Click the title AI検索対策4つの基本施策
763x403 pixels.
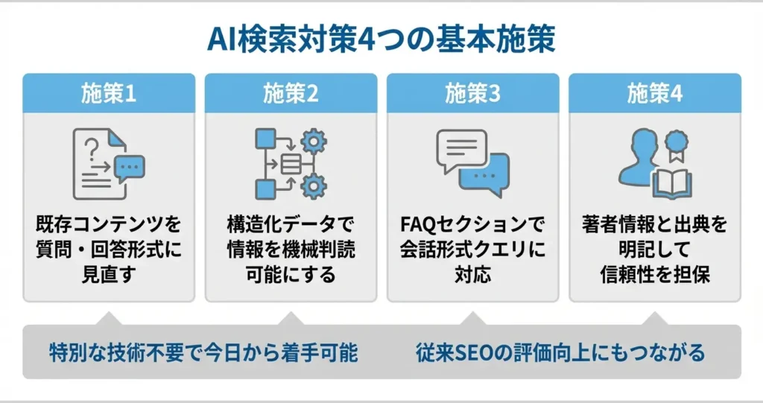[381, 39]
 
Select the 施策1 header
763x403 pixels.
[109, 93]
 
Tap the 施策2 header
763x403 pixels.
[291, 93]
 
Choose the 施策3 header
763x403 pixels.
[472, 93]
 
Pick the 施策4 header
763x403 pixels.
[654, 93]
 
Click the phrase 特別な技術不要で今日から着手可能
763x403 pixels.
[203, 352]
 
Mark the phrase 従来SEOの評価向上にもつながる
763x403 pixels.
[560, 352]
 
